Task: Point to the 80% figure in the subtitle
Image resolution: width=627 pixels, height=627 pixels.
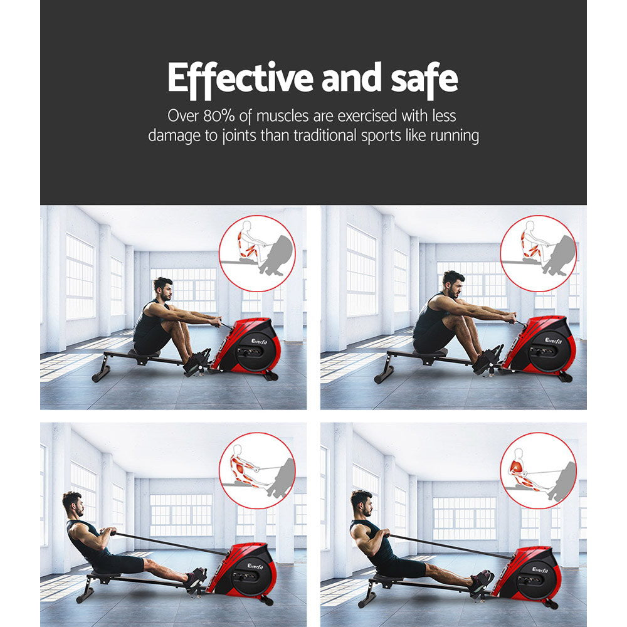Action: coord(222,116)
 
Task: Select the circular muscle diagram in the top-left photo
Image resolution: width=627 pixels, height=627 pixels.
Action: coord(257,253)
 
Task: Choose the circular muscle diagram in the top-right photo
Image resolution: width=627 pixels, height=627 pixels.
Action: coord(538,253)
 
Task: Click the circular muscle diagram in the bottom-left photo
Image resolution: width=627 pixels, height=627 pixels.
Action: coord(257,470)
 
